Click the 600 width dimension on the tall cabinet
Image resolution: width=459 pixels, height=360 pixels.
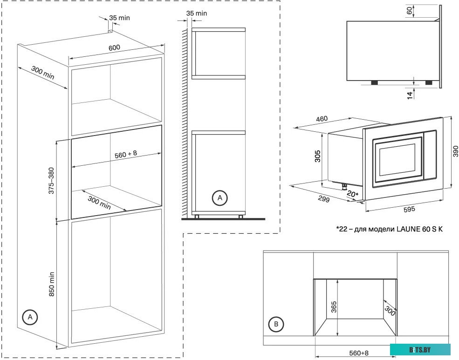(x=114, y=48)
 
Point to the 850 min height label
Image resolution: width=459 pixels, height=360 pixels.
(x=52, y=284)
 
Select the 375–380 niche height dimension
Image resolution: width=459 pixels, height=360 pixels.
(x=52, y=181)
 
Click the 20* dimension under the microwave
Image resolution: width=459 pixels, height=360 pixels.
(x=352, y=194)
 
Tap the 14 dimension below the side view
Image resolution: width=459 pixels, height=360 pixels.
(x=409, y=95)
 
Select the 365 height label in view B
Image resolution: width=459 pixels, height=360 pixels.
(x=333, y=306)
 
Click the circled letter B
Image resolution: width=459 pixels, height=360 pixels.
(x=277, y=324)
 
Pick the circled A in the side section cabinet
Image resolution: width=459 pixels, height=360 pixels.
(x=219, y=198)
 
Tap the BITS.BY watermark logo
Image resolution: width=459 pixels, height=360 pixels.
(x=420, y=349)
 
